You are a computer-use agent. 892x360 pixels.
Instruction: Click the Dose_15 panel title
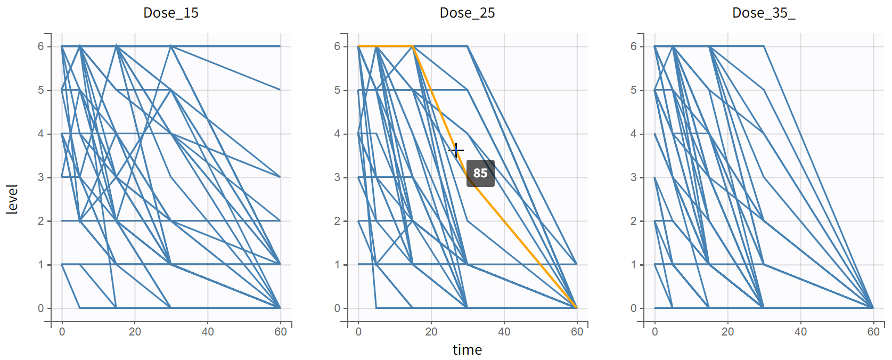coord(170,13)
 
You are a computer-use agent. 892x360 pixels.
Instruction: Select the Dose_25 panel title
coord(467,13)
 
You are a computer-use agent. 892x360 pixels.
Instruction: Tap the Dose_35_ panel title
coord(763,13)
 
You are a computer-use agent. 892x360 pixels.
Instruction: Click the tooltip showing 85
coord(480,173)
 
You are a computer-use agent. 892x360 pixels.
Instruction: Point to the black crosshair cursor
coord(456,150)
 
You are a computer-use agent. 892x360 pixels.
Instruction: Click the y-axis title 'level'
coord(12,199)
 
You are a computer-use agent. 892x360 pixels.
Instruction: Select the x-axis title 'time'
coord(467,350)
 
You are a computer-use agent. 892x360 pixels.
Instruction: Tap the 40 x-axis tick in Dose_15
coord(208,332)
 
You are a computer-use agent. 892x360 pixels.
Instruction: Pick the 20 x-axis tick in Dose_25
coord(431,332)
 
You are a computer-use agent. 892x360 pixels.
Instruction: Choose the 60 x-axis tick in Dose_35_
coord(873,332)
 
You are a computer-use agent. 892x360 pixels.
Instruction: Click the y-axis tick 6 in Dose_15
coord(41,46)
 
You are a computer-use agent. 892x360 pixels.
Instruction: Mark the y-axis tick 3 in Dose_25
coord(337,177)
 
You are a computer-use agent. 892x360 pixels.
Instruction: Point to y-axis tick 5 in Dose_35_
coord(634,90)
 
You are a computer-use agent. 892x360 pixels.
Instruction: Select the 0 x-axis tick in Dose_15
coord(62,332)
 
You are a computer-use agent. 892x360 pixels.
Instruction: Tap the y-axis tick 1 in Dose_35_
coord(634,265)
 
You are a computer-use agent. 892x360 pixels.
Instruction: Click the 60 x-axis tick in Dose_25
coord(577,332)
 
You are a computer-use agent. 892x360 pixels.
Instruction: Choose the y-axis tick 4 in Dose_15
coord(41,134)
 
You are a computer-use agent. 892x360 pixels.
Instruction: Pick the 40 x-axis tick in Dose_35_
coord(800,332)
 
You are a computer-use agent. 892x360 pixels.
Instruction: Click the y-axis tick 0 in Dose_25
coord(337,308)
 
